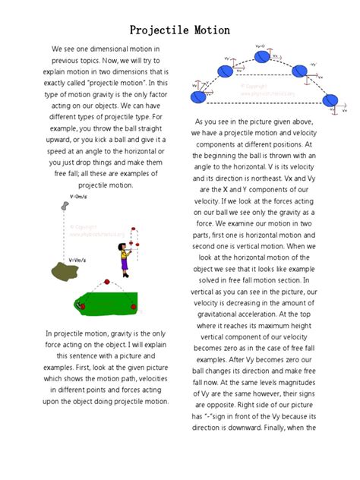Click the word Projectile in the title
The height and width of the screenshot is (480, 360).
(158, 30)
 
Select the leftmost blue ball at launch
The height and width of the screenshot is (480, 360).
(197, 99)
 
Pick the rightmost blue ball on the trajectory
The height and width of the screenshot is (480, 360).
(330, 101)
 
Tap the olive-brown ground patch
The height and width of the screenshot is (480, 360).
(55, 270)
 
